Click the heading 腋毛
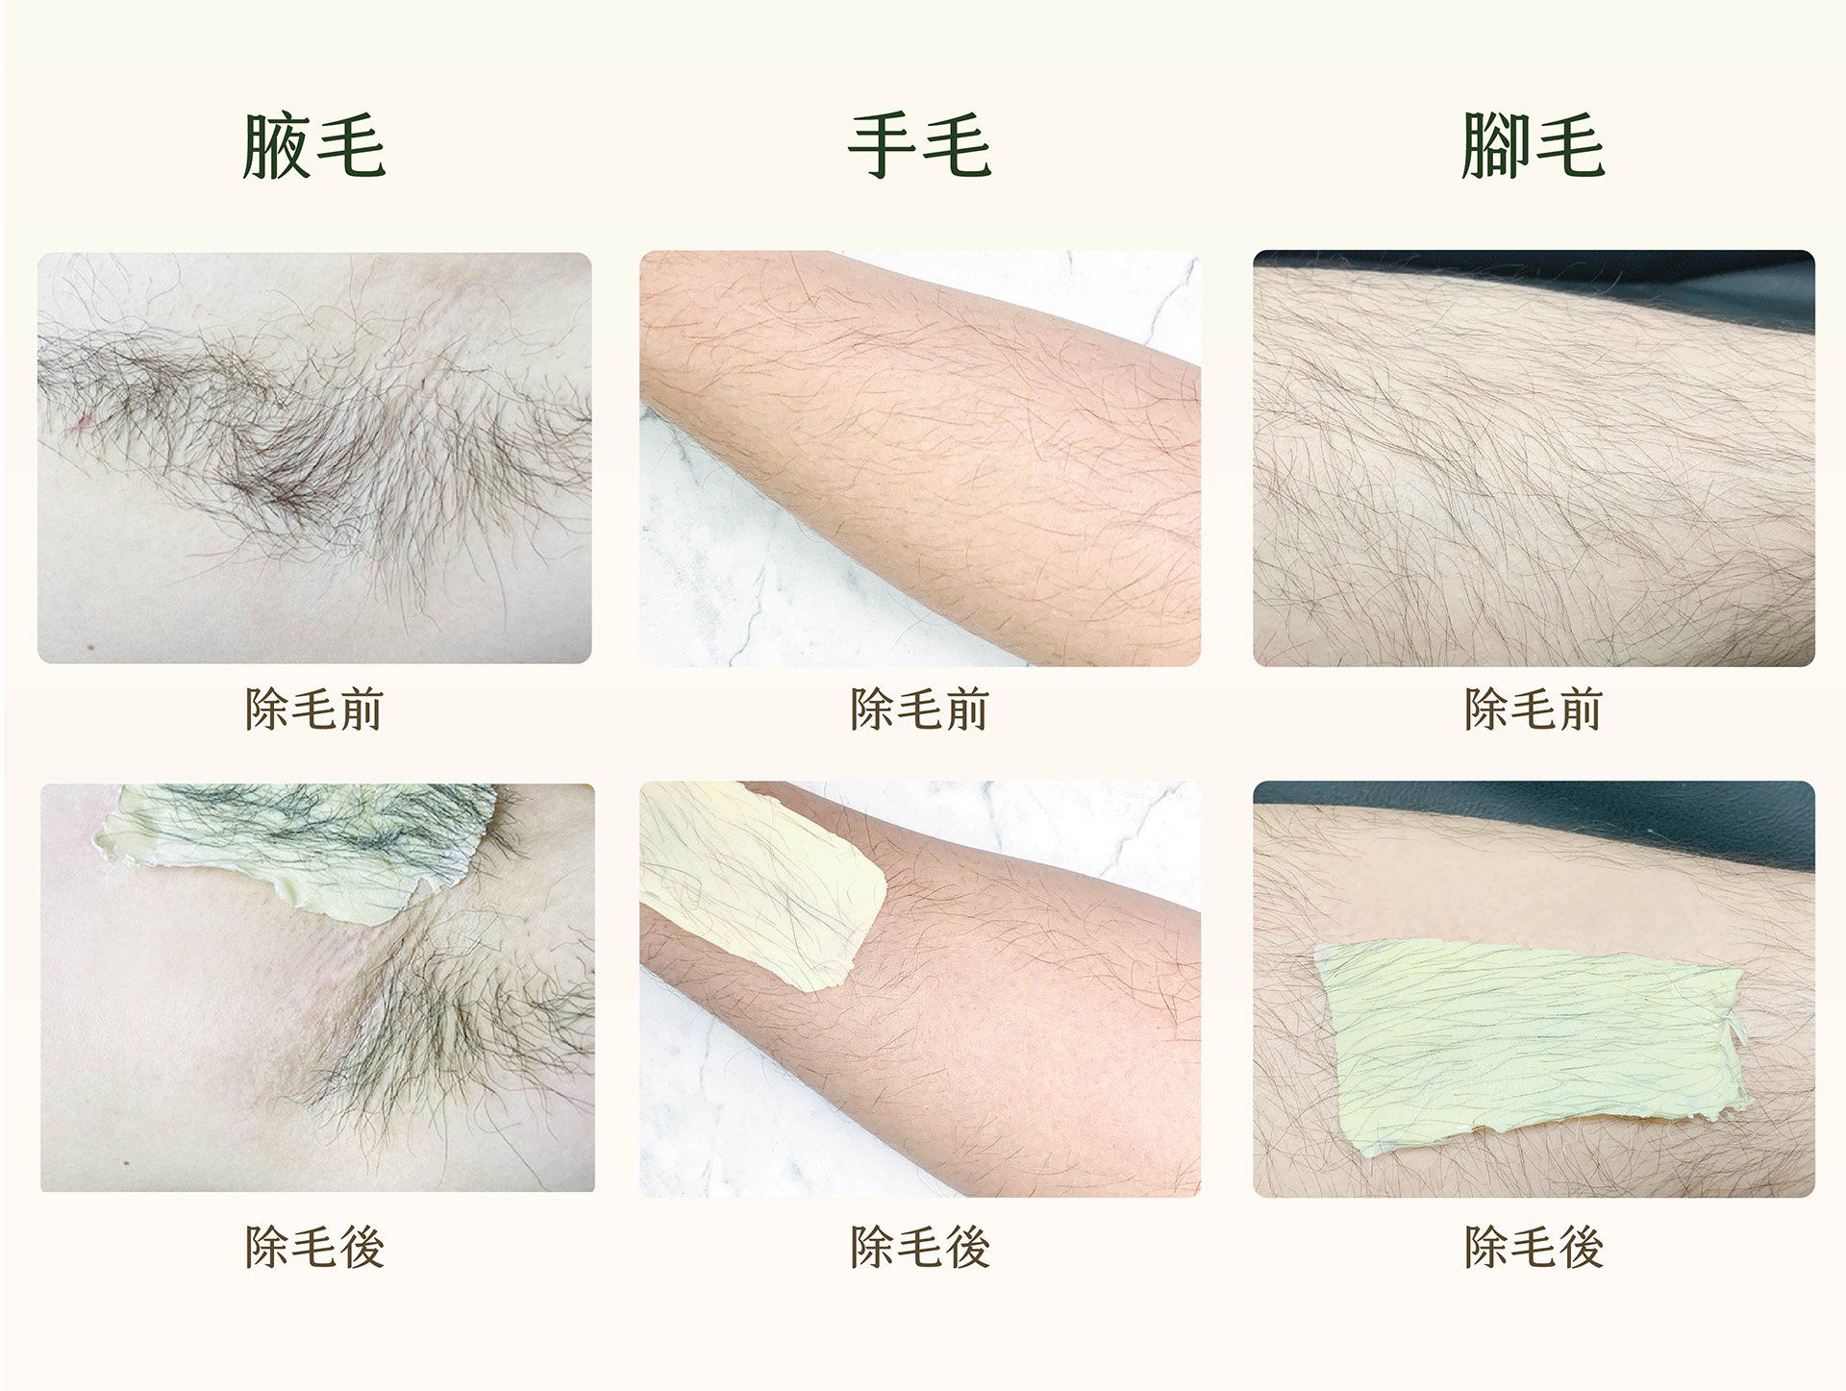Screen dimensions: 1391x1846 (313, 147)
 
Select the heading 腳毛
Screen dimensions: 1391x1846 (1533, 147)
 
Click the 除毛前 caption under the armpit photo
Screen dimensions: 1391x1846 (314, 709)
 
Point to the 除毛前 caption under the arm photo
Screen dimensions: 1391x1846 (919, 709)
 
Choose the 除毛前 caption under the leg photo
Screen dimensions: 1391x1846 (1533, 709)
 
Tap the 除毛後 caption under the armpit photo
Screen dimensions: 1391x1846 (314, 1247)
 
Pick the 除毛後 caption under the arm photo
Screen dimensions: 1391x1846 (919, 1247)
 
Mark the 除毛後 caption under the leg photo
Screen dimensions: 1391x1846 (1533, 1247)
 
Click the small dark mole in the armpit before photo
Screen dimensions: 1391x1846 (90, 648)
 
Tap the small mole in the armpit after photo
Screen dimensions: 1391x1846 (128, 1163)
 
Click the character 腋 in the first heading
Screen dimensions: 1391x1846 (278, 147)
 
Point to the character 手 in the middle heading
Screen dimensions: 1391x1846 (883, 147)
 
